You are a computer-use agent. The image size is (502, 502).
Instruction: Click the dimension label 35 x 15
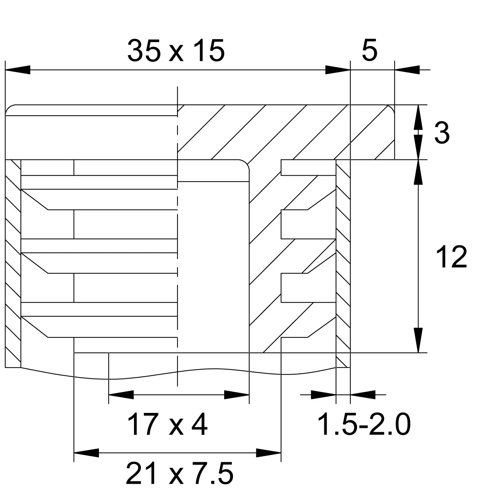point(176,51)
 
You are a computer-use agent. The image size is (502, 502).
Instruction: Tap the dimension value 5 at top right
point(370,50)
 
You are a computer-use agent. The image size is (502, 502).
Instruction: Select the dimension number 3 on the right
point(442,133)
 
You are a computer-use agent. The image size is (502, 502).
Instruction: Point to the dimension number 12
point(452,257)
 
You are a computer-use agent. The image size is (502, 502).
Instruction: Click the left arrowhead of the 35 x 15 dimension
point(18,70)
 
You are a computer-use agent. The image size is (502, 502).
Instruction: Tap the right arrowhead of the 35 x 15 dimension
point(338,70)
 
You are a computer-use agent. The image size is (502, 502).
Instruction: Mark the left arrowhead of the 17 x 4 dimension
point(121,395)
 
